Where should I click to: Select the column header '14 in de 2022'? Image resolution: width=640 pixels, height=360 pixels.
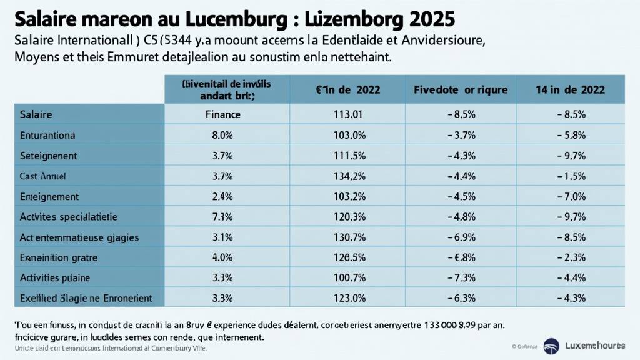click(x=570, y=89)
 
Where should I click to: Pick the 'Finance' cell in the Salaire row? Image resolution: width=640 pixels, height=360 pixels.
click(x=223, y=114)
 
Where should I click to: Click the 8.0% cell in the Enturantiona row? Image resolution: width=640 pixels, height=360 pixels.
click(x=223, y=135)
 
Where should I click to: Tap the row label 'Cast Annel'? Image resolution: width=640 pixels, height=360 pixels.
click(x=43, y=176)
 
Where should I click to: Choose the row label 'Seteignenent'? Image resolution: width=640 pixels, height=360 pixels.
click(x=49, y=155)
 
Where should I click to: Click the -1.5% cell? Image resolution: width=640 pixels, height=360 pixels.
click(x=570, y=176)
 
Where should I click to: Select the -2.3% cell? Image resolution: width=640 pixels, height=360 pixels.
click(x=570, y=257)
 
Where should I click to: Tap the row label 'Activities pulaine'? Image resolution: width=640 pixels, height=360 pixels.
click(x=55, y=277)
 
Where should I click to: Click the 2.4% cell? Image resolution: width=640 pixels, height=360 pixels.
click(x=223, y=196)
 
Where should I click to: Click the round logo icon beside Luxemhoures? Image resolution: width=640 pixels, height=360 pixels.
click(x=551, y=345)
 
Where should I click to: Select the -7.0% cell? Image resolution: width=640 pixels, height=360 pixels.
click(x=570, y=196)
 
